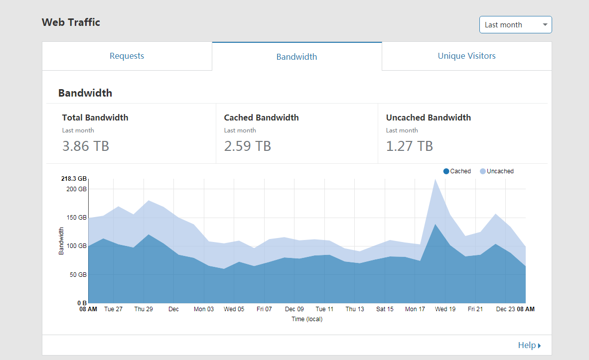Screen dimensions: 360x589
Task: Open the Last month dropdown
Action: [515, 25]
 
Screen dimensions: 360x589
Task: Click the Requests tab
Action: [127, 56]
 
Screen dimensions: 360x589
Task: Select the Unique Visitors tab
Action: [466, 56]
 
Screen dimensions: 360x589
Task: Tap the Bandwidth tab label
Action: [296, 57]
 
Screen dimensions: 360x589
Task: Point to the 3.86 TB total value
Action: [86, 146]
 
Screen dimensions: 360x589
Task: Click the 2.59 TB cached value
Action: [248, 146]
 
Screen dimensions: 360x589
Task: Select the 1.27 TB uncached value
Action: [410, 146]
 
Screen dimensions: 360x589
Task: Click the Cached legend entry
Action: [457, 171]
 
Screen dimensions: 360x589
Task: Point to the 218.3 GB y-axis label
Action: [74, 178]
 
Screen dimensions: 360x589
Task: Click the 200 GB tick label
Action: [77, 189]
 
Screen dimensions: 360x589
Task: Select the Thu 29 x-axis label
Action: [144, 309]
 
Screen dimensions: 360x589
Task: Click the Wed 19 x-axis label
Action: [445, 309]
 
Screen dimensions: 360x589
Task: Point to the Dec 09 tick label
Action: [294, 309]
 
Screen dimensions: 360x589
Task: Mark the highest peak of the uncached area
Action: [436, 180]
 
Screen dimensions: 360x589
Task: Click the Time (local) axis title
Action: [307, 319]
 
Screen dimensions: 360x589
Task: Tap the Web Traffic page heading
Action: [71, 22]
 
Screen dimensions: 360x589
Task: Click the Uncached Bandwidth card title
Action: [428, 118]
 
